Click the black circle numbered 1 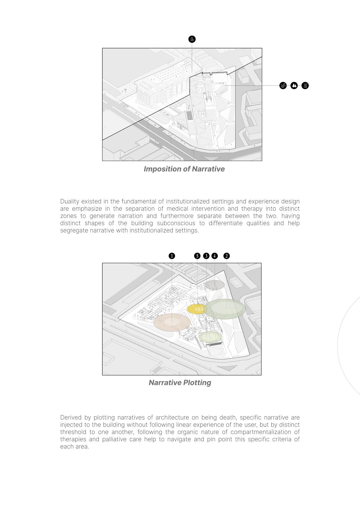click(x=172, y=256)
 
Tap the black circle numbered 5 click(x=197, y=256)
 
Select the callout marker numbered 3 click(x=206, y=256)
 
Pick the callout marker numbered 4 click(x=214, y=256)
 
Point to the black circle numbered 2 click(x=226, y=256)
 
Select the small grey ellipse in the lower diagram click(x=214, y=285)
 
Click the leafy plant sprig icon click(x=283, y=86)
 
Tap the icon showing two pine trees click(x=294, y=86)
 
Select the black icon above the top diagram click(x=192, y=39)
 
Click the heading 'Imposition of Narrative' click(x=184, y=169)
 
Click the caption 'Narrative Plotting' click(x=180, y=383)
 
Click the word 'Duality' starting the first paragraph click(x=69, y=202)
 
